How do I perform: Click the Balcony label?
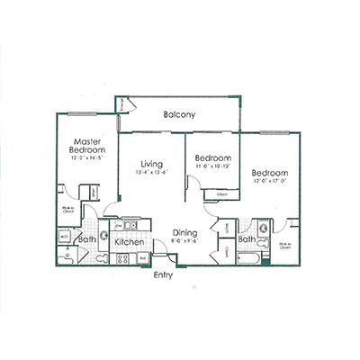(181, 115)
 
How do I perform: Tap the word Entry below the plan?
(163, 274)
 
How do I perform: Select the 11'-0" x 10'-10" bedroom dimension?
(213, 166)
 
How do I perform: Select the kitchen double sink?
(129, 226)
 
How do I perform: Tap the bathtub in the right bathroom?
(249, 259)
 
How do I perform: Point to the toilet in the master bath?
(69, 258)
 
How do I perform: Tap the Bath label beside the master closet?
(87, 240)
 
